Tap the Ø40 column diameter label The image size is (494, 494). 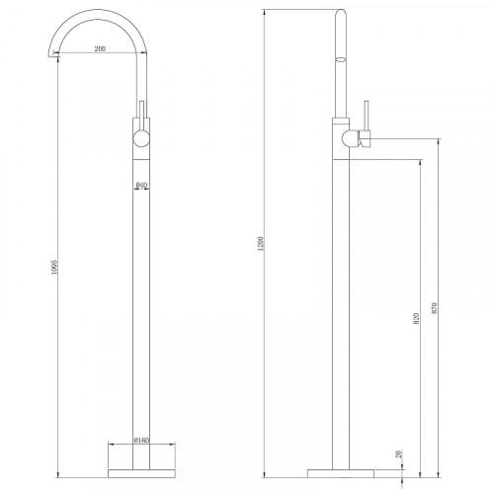pos(142,185)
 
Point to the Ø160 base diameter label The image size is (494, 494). pos(142,442)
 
